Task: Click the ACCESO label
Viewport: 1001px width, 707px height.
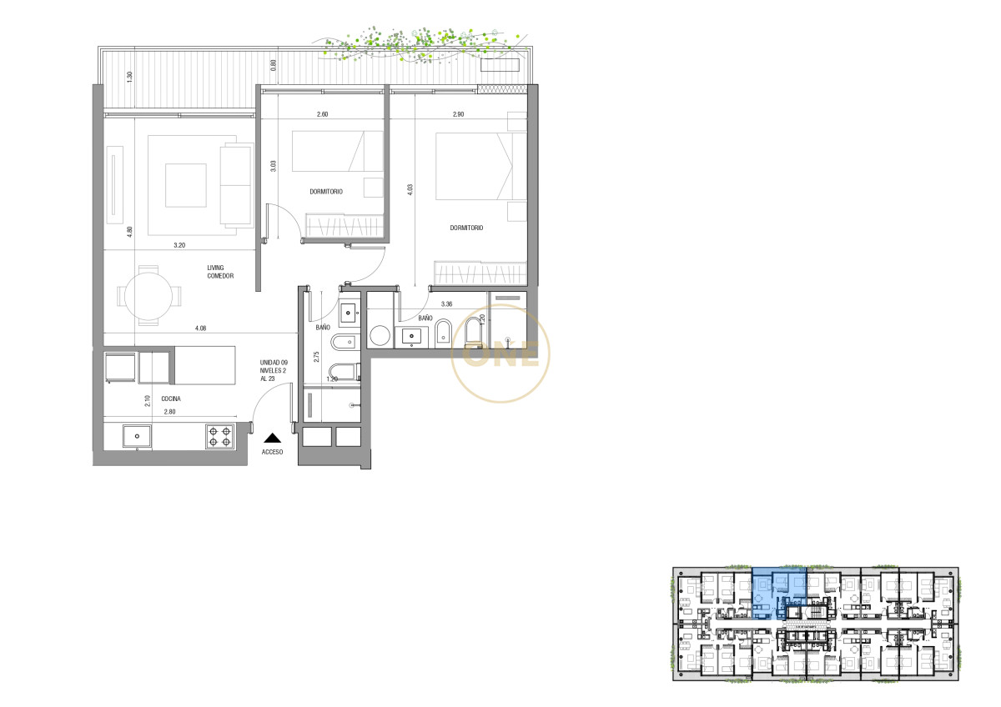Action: (273, 452)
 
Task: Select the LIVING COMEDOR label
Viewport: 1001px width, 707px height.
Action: (220, 272)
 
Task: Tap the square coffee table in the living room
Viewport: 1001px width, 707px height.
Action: (185, 185)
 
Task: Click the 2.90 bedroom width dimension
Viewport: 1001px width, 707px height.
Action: (458, 114)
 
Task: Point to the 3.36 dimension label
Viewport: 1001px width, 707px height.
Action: (446, 304)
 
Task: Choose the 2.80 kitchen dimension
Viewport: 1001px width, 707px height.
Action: (171, 412)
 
